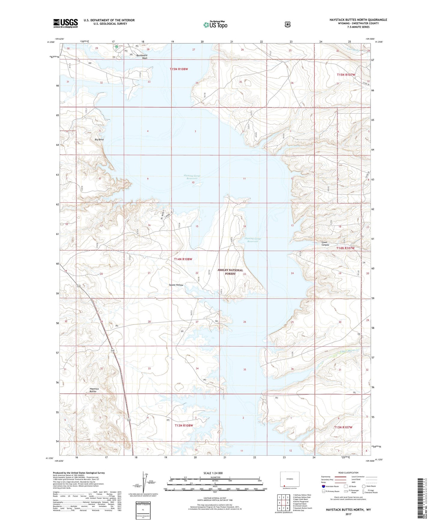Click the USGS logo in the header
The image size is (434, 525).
click(x=65, y=23)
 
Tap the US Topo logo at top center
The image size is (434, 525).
click(x=215, y=25)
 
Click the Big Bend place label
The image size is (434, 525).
click(x=99, y=140)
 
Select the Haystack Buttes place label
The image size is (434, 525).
click(x=94, y=390)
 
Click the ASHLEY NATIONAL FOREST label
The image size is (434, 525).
click(x=230, y=272)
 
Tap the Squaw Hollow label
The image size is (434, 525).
click(x=176, y=285)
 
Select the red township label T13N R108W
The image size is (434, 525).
click(x=184, y=425)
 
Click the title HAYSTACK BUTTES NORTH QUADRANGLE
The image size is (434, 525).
click(x=358, y=20)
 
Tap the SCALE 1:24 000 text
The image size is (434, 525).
click(x=213, y=473)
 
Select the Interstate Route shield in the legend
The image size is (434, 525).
click(x=323, y=486)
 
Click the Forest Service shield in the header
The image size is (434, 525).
click(x=287, y=24)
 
